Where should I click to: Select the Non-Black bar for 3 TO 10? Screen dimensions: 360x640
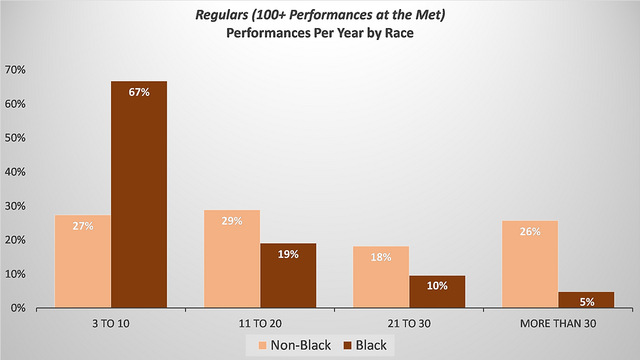tap(83, 261)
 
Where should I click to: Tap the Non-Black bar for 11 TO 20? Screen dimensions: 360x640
tap(232, 258)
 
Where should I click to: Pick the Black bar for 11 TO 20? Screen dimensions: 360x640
tap(288, 275)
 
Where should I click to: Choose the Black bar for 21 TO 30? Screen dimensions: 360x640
tap(437, 291)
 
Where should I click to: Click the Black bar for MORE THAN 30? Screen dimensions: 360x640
tap(586, 299)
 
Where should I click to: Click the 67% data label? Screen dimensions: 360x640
tap(139, 92)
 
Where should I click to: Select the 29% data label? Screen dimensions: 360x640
tap(232, 221)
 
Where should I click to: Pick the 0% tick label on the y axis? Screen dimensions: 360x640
tap(17, 308)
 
